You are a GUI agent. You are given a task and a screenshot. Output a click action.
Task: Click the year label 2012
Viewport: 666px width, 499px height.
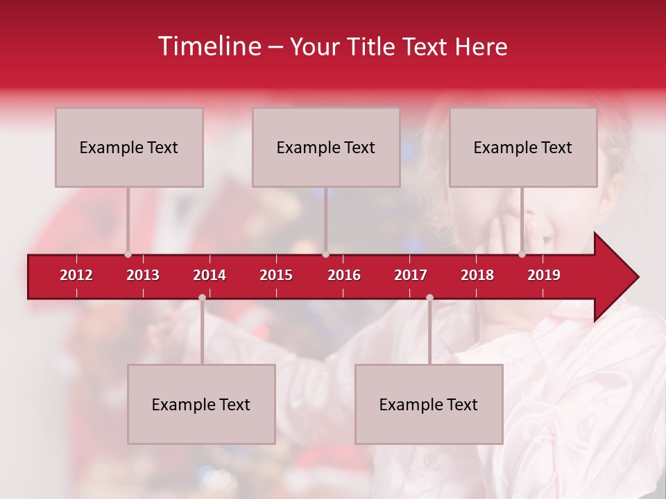(76, 275)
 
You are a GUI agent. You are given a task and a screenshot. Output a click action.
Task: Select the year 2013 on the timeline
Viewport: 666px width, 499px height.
(143, 275)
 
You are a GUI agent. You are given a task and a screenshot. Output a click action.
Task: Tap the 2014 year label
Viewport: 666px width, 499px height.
(210, 275)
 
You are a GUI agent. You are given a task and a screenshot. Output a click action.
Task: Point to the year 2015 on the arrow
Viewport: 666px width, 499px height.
(276, 275)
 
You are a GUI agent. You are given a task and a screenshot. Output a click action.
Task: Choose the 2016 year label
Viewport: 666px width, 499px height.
(344, 275)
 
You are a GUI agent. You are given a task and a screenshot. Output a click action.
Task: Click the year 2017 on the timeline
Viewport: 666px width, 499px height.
(411, 275)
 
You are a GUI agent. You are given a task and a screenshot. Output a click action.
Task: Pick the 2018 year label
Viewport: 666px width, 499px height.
(477, 275)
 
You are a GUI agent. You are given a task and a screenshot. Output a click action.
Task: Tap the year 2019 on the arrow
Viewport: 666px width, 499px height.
(544, 275)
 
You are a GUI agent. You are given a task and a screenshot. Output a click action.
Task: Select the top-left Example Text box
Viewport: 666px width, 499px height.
(129, 147)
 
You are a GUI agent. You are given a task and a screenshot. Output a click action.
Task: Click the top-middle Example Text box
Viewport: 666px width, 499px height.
(326, 147)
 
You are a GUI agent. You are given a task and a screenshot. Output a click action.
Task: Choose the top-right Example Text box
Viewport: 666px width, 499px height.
(523, 147)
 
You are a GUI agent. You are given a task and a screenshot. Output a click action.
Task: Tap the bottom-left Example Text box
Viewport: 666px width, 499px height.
(201, 404)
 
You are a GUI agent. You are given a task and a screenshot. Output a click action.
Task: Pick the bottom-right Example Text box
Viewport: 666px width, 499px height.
(429, 404)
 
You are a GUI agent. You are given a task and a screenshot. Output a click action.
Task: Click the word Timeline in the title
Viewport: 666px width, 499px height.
(209, 46)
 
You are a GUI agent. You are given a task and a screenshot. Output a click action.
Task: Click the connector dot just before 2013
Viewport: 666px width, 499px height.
(128, 254)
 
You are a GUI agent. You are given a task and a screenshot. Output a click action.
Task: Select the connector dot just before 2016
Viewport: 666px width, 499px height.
(325, 254)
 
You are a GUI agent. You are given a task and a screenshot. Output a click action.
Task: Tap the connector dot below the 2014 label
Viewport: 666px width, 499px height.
(202, 297)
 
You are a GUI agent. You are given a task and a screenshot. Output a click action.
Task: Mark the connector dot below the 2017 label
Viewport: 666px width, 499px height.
(429, 297)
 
